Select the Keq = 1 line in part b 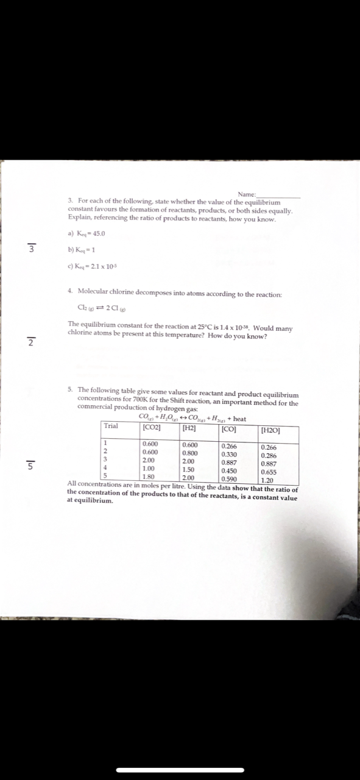82,249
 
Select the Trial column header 111,426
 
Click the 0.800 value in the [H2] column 189,453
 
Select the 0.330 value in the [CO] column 230,454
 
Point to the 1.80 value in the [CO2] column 148,477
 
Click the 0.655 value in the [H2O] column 269,471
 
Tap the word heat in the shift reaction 239,419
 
